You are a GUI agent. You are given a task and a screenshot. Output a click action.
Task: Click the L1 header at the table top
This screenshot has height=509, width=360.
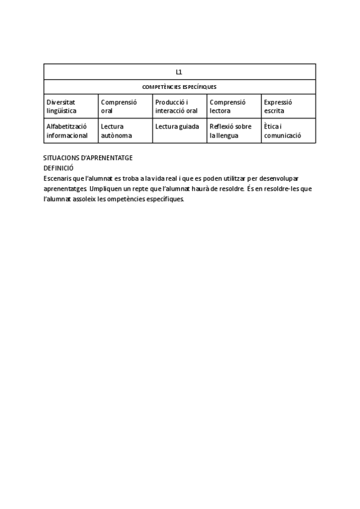(179, 72)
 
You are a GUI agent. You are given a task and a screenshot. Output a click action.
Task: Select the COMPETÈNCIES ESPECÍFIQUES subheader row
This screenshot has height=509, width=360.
(179, 87)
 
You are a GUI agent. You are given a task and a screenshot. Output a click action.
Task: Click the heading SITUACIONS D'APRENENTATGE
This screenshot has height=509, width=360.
(88, 157)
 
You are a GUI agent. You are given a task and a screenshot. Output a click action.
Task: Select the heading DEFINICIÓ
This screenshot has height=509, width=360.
(58, 168)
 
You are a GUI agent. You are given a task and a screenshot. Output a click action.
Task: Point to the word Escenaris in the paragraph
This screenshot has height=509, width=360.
(58, 179)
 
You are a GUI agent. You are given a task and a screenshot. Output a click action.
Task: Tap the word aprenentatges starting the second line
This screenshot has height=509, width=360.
(65, 189)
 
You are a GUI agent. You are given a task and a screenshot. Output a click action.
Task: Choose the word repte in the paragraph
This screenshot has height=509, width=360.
(143, 189)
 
